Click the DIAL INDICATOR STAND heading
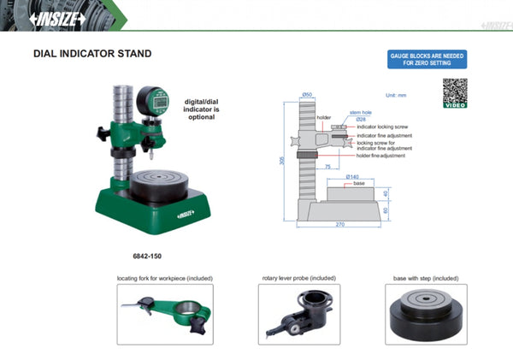91,54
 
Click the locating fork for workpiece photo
163,314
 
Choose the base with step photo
426,314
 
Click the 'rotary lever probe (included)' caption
298,279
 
